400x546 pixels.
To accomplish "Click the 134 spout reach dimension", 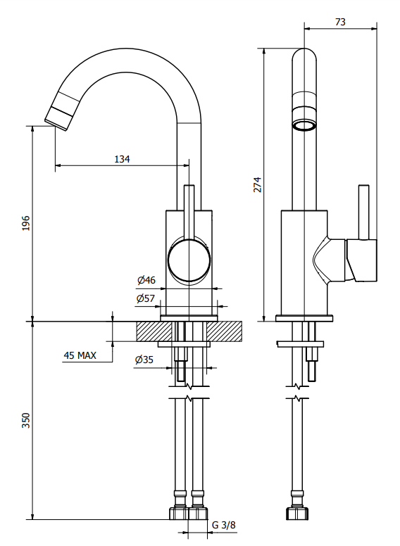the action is coord(122,159).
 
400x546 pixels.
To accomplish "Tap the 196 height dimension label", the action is coord(26,223).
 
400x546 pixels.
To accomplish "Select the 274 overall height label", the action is coord(257,184).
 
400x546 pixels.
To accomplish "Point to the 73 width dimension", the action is coord(340,22).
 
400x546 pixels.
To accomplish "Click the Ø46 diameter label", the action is coord(146,280).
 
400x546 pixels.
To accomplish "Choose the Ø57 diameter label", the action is coord(146,298).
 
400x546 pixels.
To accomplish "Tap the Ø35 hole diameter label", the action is coord(144,360).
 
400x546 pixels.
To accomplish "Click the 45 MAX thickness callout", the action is coord(80,355).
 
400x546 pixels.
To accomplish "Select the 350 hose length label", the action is coord(26,420).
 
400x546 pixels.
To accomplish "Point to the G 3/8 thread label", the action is coord(224,525).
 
